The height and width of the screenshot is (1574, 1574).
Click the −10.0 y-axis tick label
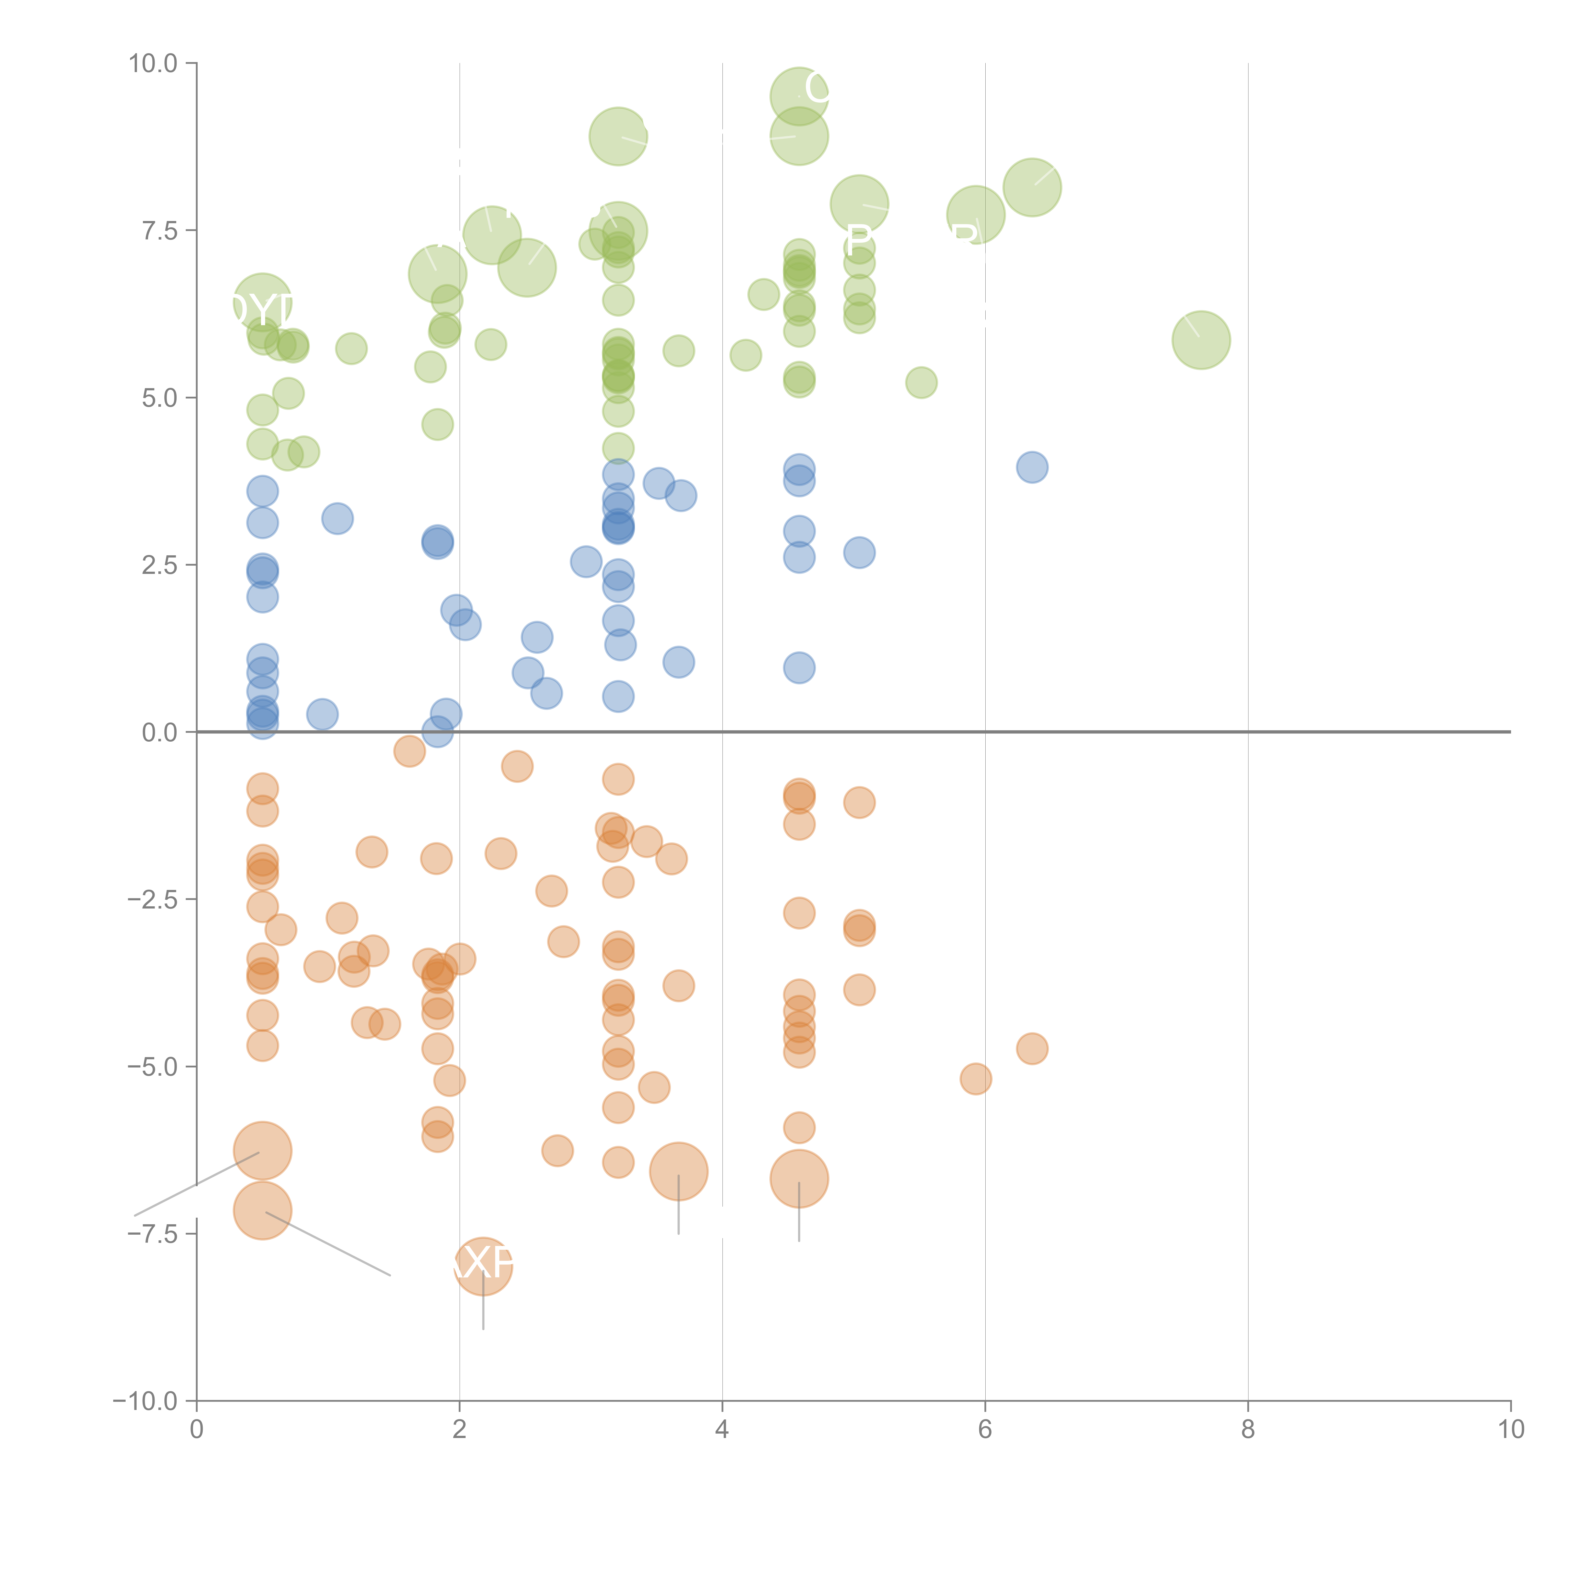pyautogui.click(x=145, y=1401)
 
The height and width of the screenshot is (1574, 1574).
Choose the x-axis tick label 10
pyautogui.click(x=1510, y=1430)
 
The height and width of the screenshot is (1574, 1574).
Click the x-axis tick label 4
pyautogui.click(x=722, y=1430)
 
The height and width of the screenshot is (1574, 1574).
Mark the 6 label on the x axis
pyautogui.click(x=985, y=1430)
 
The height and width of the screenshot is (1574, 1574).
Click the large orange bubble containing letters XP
pyautogui.click(x=483, y=1265)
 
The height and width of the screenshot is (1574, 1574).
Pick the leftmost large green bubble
pyautogui.click(x=262, y=303)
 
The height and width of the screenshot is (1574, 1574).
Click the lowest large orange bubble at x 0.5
pyautogui.click(x=262, y=1211)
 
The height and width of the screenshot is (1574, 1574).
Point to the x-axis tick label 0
pyautogui.click(x=196, y=1430)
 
